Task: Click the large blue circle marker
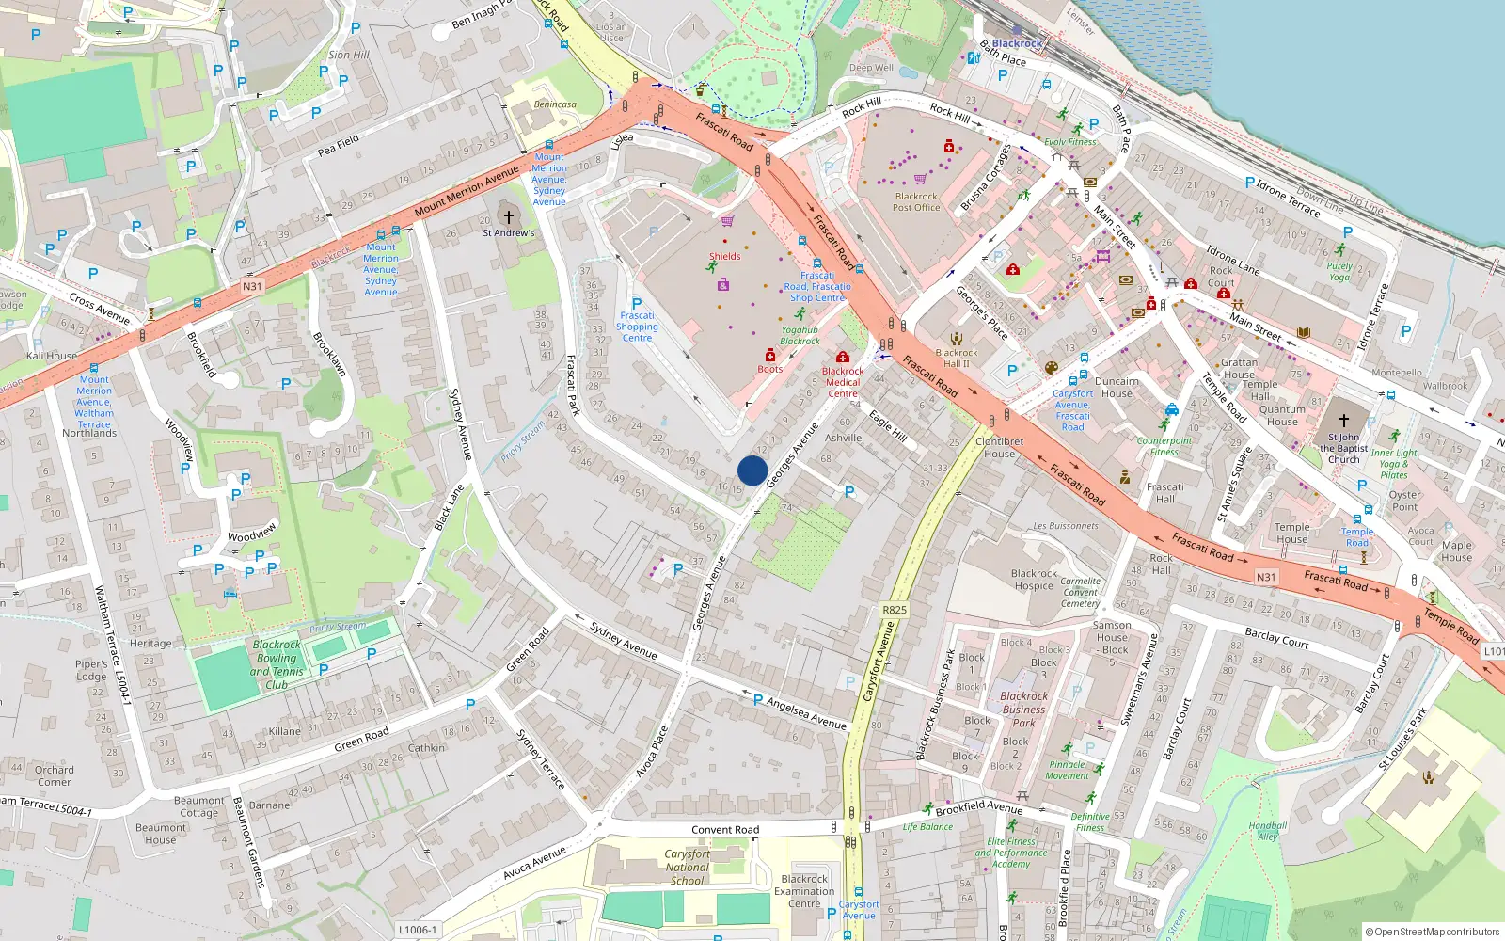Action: [x=752, y=470]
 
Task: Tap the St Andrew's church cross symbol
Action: [x=509, y=217]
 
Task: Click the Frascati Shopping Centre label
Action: [x=637, y=327]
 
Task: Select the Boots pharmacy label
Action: [x=769, y=369]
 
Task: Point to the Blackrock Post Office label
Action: [x=916, y=202]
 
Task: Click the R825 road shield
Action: [x=895, y=610]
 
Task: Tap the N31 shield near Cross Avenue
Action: [x=252, y=286]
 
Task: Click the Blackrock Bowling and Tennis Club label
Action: [x=277, y=664]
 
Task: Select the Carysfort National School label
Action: [x=688, y=868]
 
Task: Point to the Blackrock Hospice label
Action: [x=1034, y=580]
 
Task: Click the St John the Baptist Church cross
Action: [x=1343, y=420]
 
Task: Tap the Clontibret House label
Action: [x=999, y=447]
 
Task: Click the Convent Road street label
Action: [x=725, y=830]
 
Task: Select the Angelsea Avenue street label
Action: [x=806, y=713]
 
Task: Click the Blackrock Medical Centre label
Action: [x=843, y=382]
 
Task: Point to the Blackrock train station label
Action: [x=1017, y=43]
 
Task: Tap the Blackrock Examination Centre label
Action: [x=804, y=891]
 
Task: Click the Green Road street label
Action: [x=361, y=740]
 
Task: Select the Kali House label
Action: [x=52, y=356]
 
